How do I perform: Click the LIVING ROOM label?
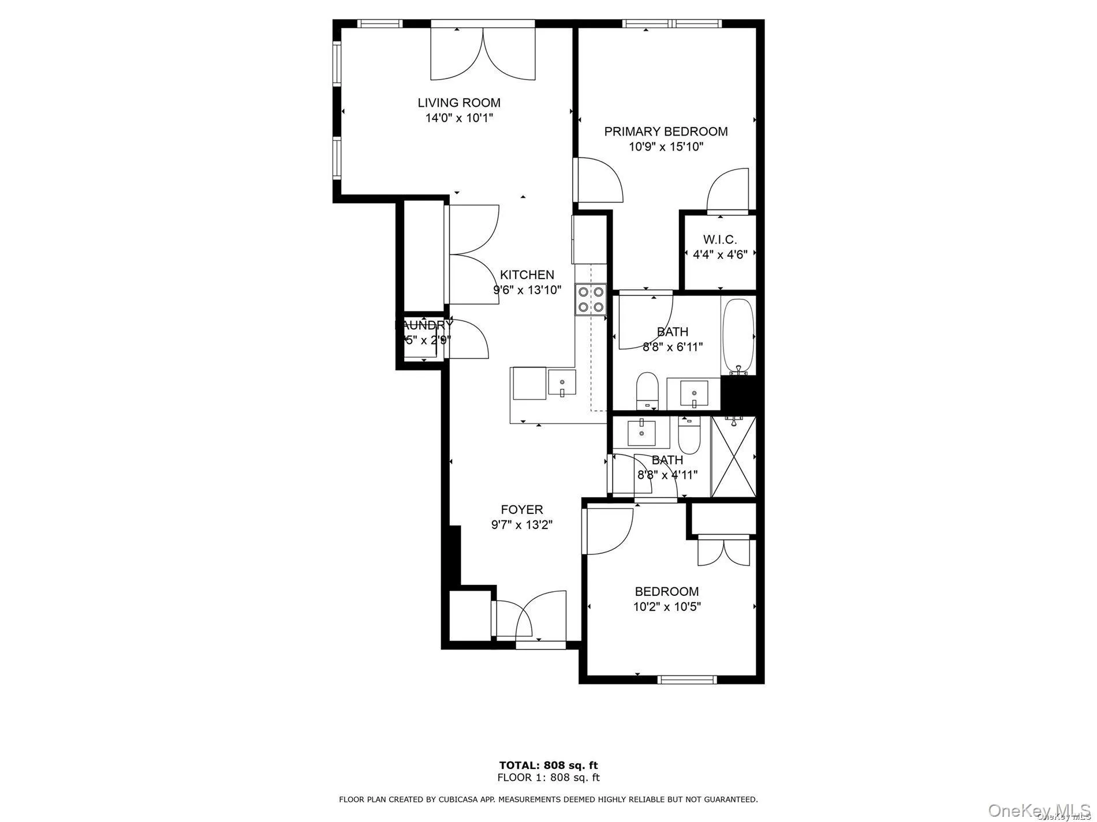[459, 103]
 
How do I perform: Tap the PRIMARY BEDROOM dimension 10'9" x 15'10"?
[666, 147]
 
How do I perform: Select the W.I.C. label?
[719, 239]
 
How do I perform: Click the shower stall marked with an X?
[733, 456]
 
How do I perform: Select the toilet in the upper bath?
[647, 390]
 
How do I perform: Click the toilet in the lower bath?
[689, 436]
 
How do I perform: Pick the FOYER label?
[522, 509]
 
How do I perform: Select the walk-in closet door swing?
[727, 190]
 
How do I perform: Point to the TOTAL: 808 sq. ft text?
[548, 765]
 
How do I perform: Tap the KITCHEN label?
[527, 275]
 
